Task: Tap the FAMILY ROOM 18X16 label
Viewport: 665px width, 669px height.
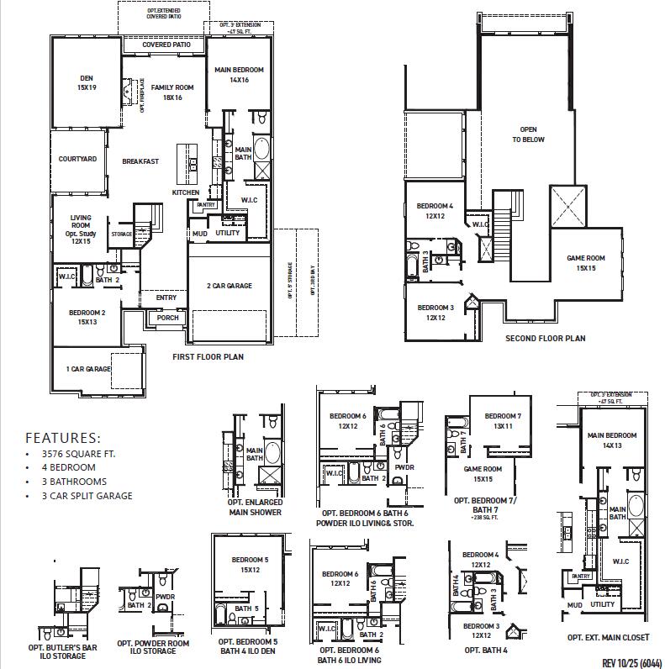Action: (x=172, y=92)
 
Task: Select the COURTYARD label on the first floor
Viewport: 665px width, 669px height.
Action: (x=77, y=159)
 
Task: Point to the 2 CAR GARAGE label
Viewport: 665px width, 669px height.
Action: (x=230, y=287)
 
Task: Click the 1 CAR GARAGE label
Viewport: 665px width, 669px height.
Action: (x=88, y=369)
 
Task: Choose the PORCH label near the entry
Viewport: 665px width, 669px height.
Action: (x=168, y=318)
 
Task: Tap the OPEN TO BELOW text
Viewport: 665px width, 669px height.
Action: (x=528, y=134)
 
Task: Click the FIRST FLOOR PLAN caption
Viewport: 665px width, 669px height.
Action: (x=208, y=357)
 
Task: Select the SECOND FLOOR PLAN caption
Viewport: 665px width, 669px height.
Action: (x=545, y=339)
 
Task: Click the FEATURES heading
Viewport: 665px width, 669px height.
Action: (x=62, y=438)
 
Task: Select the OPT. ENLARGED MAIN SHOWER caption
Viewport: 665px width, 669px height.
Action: (x=255, y=507)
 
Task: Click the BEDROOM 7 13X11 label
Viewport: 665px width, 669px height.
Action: (x=503, y=421)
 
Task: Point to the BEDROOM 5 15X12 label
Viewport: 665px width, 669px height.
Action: (x=244, y=564)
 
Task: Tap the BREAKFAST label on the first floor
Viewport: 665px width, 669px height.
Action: (x=140, y=161)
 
